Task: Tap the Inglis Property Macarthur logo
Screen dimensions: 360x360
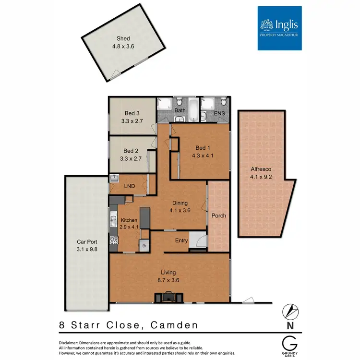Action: coord(279,28)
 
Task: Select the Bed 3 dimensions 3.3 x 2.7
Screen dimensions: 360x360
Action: coord(128,121)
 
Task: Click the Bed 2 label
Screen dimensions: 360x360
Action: coord(128,150)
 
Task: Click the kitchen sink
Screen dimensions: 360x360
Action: coord(113,221)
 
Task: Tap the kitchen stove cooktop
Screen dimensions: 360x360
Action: coord(114,241)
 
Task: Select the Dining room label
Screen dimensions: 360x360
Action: coord(180,203)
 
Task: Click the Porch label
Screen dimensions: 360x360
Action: coord(218,216)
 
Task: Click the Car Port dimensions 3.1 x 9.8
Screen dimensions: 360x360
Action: coord(86,249)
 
